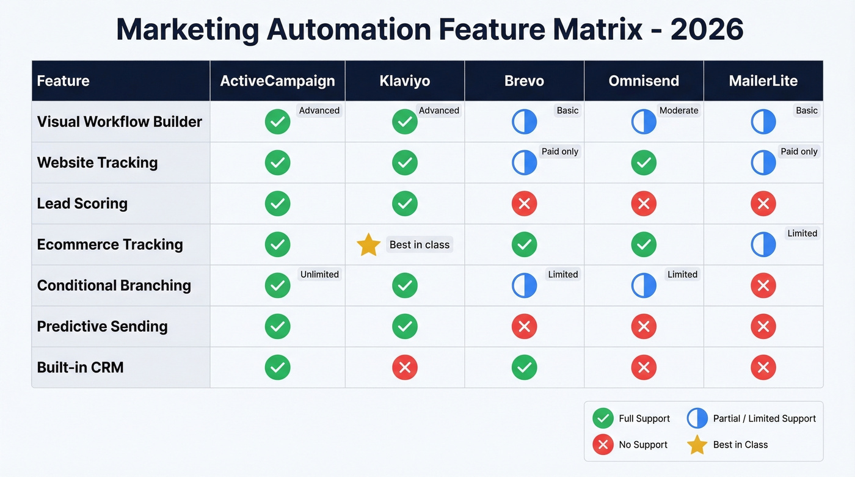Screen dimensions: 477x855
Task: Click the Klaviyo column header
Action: tap(404, 81)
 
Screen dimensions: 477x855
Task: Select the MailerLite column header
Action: tap(763, 81)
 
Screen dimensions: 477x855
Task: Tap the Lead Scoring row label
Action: tap(82, 203)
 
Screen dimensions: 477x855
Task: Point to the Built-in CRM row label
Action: tap(80, 367)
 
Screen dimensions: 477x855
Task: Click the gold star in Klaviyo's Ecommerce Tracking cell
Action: tap(368, 245)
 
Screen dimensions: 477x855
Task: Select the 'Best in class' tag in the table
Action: tap(420, 245)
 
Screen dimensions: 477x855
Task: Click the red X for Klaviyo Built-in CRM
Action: tap(404, 367)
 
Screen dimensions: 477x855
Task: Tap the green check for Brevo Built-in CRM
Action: tap(524, 367)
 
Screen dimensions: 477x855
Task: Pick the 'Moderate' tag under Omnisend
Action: tap(679, 111)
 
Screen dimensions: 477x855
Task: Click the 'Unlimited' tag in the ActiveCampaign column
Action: tap(319, 274)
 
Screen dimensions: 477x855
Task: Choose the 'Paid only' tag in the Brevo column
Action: tap(559, 151)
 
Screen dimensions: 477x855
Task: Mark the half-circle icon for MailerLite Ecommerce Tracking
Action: tap(763, 245)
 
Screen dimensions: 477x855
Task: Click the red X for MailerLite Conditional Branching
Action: tap(763, 285)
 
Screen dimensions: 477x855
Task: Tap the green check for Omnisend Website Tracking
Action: tap(644, 162)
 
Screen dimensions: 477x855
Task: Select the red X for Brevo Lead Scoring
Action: tap(524, 203)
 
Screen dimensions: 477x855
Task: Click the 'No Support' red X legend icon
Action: tap(603, 445)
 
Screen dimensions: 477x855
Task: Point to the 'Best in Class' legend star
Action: tap(697, 445)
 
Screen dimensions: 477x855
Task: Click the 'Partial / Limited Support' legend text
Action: tap(764, 418)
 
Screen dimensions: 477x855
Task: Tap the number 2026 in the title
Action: tap(707, 29)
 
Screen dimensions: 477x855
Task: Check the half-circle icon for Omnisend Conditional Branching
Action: tap(644, 285)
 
